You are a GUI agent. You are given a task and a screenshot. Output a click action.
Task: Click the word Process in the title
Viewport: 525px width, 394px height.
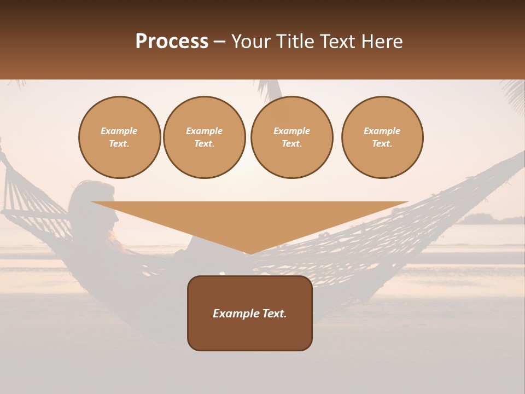(x=172, y=42)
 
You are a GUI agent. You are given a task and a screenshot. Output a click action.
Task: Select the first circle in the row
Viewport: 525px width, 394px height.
(x=120, y=137)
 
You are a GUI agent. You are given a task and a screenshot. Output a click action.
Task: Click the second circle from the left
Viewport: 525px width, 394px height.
(x=205, y=137)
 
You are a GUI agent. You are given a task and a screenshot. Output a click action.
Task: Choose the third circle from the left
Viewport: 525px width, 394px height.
(x=292, y=137)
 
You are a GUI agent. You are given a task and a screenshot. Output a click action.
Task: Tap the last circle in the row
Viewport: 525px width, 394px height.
(x=382, y=137)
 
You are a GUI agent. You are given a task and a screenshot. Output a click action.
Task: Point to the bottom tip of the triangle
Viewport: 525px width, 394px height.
(x=250, y=252)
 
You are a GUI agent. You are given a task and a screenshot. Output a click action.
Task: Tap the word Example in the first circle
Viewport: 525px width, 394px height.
(x=119, y=131)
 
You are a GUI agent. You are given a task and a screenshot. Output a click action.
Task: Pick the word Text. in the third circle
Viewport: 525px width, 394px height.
(x=292, y=144)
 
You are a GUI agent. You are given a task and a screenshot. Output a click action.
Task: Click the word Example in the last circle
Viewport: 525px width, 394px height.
(x=382, y=131)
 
